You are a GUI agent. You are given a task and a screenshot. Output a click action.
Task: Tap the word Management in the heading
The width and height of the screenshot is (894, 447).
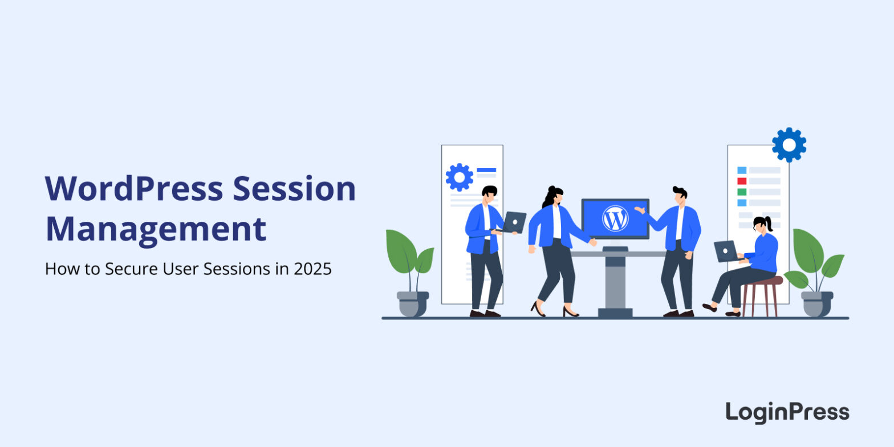(x=156, y=229)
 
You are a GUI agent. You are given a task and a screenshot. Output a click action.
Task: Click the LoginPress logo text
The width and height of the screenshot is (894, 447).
(x=787, y=412)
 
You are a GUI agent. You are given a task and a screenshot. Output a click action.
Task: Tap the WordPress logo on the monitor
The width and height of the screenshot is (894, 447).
(x=615, y=218)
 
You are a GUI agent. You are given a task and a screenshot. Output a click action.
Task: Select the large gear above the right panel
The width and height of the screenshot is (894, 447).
(x=789, y=145)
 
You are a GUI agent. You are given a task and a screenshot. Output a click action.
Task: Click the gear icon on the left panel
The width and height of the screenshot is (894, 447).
(x=459, y=177)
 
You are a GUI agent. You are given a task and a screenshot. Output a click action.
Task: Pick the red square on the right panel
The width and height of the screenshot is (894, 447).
(x=742, y=181)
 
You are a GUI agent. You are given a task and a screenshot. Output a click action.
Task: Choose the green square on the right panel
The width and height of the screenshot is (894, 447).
(x=742, y=192)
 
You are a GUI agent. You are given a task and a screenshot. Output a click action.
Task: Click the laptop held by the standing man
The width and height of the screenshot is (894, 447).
(x=514, y=222)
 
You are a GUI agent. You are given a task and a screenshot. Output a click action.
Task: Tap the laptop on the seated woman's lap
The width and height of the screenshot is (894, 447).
(x=725, y=251)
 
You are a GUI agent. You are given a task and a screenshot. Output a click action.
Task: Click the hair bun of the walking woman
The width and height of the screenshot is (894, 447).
(x=551, y=189)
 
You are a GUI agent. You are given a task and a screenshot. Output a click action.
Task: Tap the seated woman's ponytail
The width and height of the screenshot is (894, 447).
(x=769, y=225)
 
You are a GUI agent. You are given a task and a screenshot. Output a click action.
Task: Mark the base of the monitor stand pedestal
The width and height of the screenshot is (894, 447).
(x=615, y=312)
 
